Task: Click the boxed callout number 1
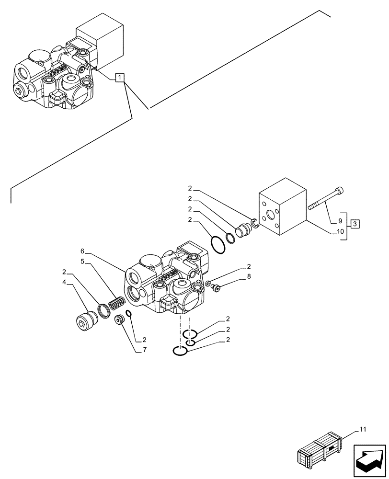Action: point(120,78)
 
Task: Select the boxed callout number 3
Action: point(354,223)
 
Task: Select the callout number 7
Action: point(144,350)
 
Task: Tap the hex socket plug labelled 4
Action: point(85,321)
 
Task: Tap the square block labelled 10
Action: point(282,211)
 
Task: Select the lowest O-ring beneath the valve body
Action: point(180,352)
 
